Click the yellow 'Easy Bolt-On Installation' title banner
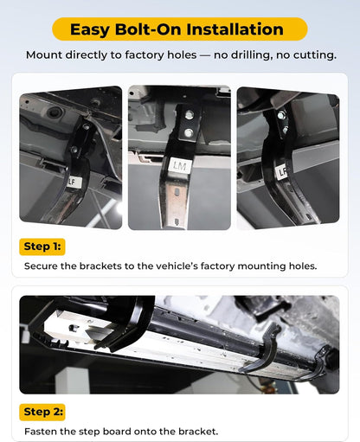coord(180,29)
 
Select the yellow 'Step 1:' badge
coord(42,247)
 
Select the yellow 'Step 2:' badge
coord(42,412)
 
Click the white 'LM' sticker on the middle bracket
coord(179,165)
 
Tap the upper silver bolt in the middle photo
coord(189,115)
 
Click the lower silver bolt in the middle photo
coord(189,133)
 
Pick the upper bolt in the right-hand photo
coord(280,115)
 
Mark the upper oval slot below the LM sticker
coord(177,193)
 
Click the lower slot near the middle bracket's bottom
coord(177,221)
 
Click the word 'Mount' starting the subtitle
coord(44,54)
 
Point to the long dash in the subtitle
coord(205,55)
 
